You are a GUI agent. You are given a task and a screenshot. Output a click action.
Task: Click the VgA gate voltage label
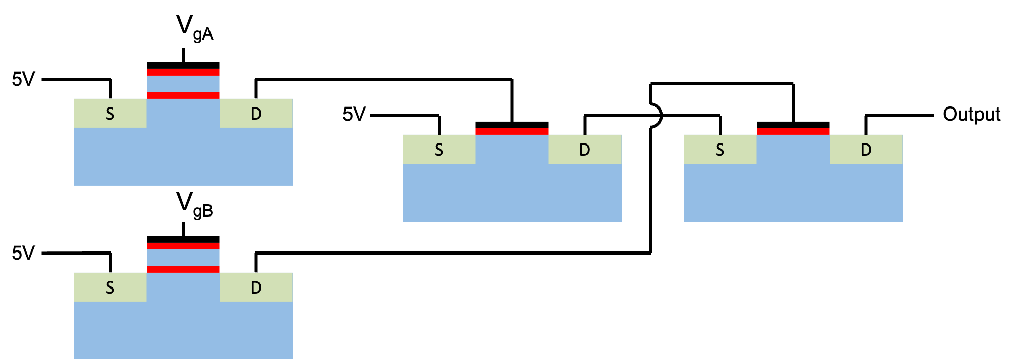pos(194,28)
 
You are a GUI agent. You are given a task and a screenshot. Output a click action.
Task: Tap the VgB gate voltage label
pos(194,204)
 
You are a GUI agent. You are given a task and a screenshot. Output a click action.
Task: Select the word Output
pos(971,114)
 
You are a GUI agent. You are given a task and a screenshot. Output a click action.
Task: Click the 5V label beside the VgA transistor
pos(23,79)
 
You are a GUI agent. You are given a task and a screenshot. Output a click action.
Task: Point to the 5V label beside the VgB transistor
pos(23,253)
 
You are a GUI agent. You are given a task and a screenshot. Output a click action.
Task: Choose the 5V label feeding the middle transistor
pos(354,114)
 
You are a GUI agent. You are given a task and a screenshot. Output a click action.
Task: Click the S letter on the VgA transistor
pos(110,114)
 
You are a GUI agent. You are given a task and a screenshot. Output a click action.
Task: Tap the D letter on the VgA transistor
pos(256,114)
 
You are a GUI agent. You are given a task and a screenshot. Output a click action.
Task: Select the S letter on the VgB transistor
pos(110,288)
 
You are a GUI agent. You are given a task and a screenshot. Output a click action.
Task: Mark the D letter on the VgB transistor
pos(256,288)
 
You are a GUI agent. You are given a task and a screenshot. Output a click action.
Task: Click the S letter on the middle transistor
pos(439,150)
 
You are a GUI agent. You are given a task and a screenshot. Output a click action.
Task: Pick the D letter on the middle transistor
pos(585,150)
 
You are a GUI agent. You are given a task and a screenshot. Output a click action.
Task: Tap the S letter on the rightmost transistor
pos(720,150)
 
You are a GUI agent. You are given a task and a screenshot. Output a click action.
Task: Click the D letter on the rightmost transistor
pos(866,150)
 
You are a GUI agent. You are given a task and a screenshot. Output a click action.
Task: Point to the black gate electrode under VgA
pos(183,65)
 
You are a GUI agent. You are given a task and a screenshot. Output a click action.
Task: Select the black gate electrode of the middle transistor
pos(512,125)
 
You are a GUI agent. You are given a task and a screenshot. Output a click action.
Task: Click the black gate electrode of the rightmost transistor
pos(793,125)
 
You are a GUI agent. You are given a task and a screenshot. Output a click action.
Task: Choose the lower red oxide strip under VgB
pos(183,269)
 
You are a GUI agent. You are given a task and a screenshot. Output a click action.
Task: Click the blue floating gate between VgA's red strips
pos(183,84)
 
